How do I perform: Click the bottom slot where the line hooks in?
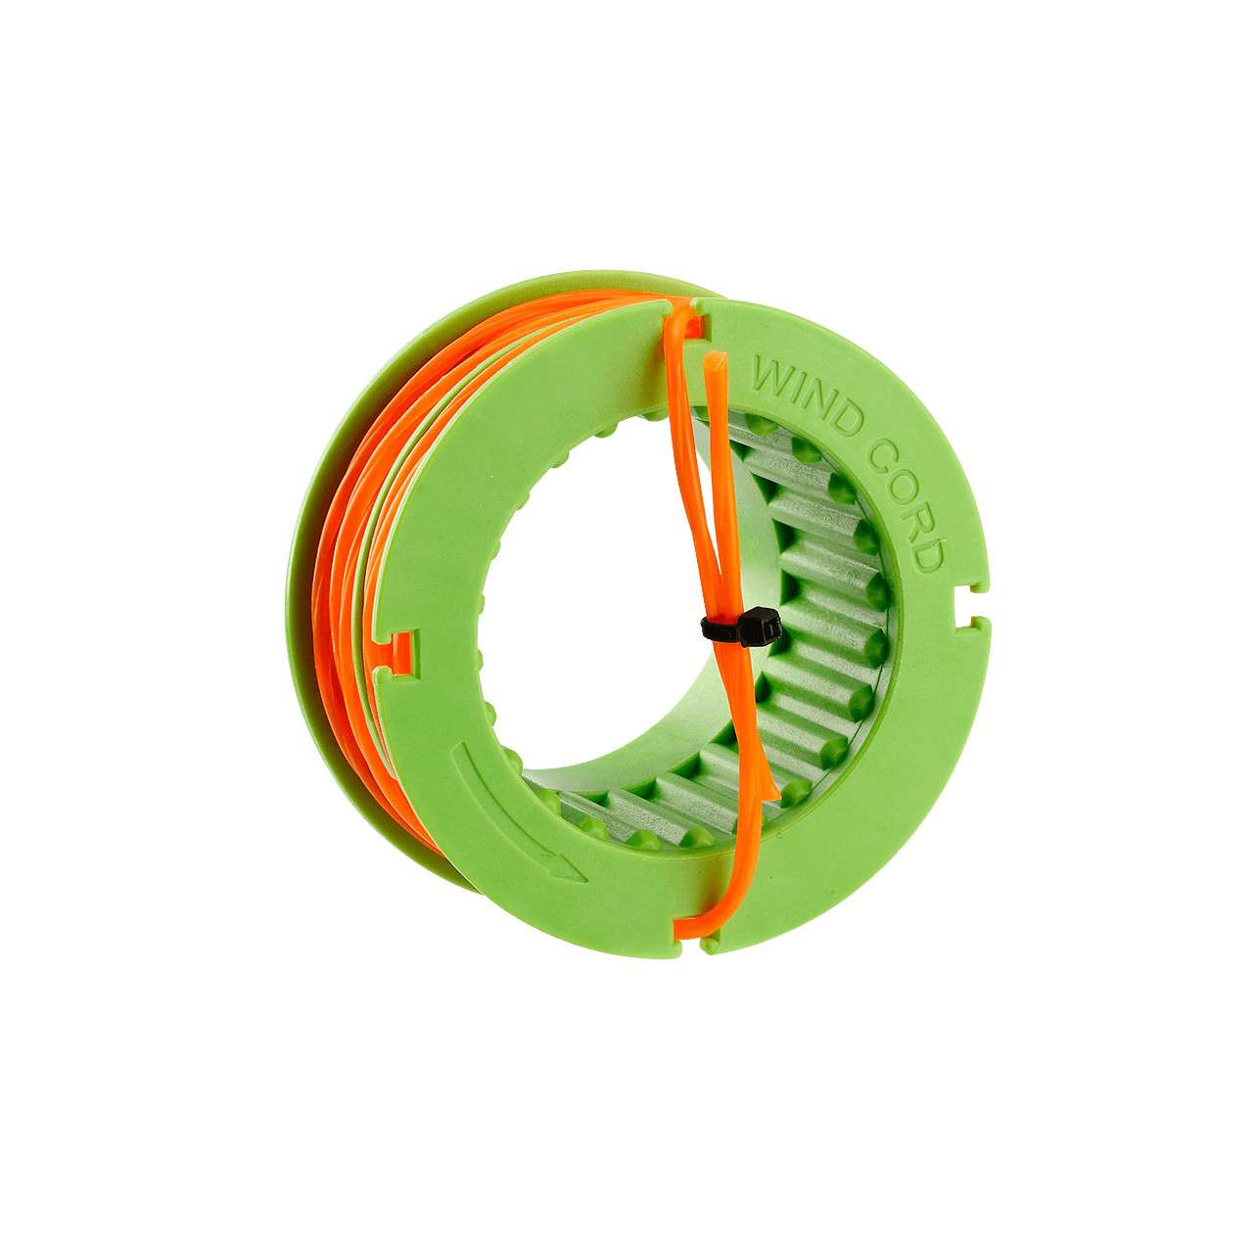point(691,930)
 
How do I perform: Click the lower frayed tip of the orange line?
point(773,788)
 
